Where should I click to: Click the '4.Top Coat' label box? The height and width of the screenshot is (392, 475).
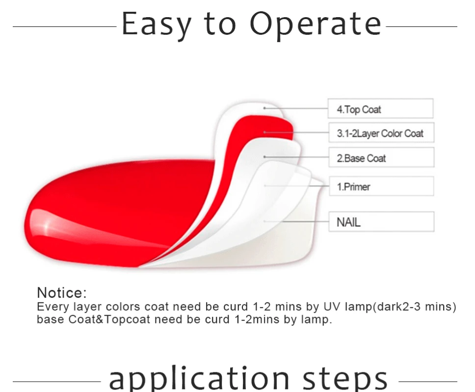coord(380,108)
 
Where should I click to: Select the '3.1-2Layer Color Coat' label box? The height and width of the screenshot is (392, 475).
coord(381,132)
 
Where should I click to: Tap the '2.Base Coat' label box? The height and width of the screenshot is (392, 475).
coord(381,157)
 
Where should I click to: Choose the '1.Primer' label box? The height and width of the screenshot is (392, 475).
coord(381,186)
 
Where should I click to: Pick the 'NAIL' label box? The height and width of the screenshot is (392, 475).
coord(381,221)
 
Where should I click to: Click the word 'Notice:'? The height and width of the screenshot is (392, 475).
coord(62,293)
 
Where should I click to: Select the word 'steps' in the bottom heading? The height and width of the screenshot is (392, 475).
coord(345,378)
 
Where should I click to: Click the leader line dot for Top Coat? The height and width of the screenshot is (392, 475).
coord(264,108)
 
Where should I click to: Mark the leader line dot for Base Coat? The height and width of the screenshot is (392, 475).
coord(264,157)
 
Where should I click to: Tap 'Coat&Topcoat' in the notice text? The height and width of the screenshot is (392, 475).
coord(109,319)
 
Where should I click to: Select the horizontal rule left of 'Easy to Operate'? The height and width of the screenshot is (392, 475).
coord(64,26)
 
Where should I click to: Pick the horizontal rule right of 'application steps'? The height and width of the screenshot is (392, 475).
coord(428,382)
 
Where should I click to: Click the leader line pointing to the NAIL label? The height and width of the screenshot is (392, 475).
coord(296,221)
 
